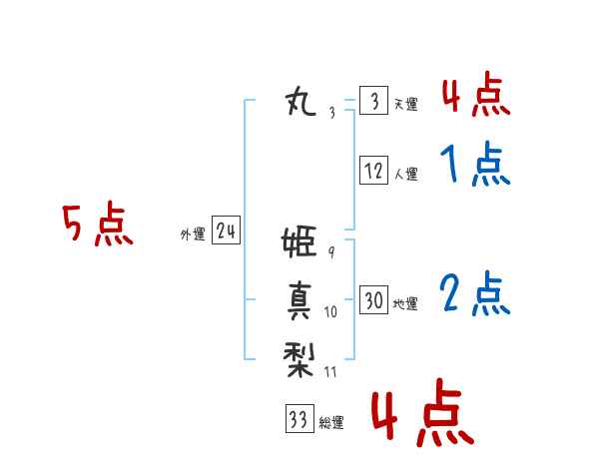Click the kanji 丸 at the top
point(301,101)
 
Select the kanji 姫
point(299,241)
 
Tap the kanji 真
point(299,300)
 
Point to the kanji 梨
point(299,359)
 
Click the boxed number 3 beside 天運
point(374,101)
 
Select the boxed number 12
point(374,170)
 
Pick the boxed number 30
point(374,299)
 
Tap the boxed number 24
point(227,230)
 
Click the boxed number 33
point(299,418)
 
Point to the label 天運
point(406,104)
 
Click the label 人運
point(406,175)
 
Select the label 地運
point(405,304)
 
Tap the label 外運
point(193,234)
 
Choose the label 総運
point(331,423)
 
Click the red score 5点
point(98,224)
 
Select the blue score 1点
point(475,164)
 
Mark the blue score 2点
point(475,293)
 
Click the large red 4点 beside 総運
point(423,413)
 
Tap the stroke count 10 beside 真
point(330,312)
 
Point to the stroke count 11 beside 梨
point(330,372)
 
